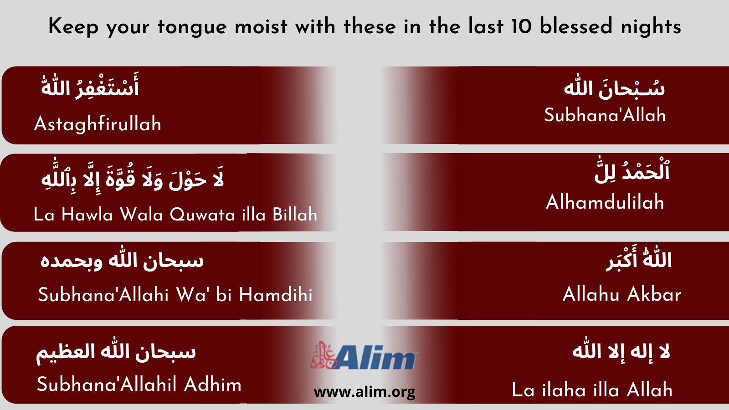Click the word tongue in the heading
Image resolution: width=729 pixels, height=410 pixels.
click(192, 27)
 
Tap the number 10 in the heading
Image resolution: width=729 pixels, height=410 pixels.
click(521, 26)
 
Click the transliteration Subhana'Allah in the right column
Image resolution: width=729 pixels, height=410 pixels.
click(605, 115)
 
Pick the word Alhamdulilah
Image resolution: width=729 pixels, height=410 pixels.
click(605, 202)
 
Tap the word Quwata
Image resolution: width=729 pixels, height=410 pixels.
click(202, 215)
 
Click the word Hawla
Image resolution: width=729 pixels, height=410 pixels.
click(87, 215)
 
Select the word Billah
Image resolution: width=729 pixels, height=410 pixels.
click(295, 215)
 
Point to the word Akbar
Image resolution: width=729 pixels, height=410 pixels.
click(654, 294)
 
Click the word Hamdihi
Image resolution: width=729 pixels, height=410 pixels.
click(276, 294)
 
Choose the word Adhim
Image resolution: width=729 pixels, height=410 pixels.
click(213, 384)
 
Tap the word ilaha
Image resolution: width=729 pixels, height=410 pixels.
click(564, 389)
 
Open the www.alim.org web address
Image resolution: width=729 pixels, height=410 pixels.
click(364, 392)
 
